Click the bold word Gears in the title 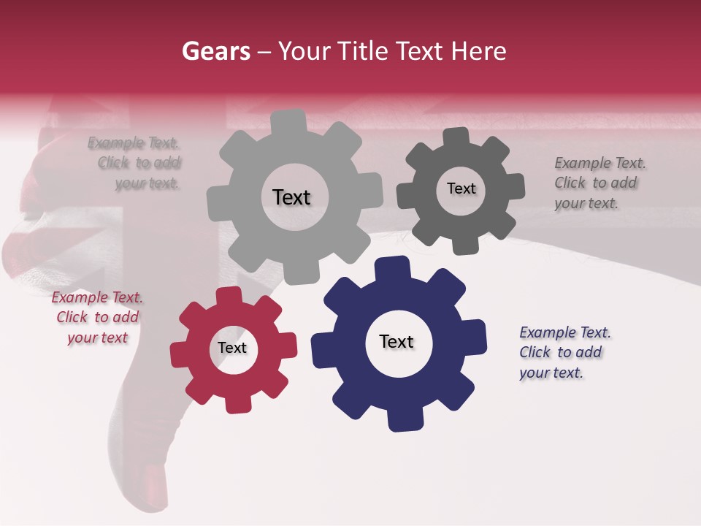point(215,51)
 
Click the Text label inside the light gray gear point(291,197)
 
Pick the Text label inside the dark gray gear point(461,188)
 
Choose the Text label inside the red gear point(232,348)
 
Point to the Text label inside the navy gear point(397,341)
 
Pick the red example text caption point(97,317)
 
